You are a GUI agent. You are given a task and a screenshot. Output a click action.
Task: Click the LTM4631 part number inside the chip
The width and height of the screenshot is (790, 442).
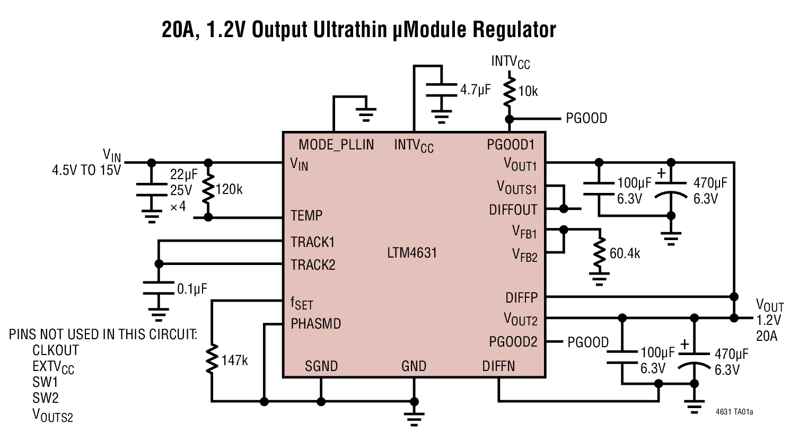[x=412, y=253]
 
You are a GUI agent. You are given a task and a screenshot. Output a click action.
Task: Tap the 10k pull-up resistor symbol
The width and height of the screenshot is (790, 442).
[x=510, y=91]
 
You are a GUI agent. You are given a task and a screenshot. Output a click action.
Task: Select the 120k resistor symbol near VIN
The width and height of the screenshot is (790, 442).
[x=208, y=189]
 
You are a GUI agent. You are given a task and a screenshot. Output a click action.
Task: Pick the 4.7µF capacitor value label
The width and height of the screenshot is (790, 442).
[x=475, y=90]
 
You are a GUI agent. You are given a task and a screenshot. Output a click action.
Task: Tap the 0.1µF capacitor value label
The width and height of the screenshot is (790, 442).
[x=192, y=289]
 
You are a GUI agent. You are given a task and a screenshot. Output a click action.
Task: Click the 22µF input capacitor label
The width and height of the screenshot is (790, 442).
[x=184, y=174]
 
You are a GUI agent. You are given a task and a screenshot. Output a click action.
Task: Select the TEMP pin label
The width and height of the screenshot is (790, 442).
[x=306, y=216]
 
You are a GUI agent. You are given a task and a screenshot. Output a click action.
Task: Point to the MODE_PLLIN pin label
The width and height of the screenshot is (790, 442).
[x=336, y=144]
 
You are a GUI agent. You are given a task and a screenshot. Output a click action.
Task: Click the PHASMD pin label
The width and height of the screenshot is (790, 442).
[x=315, y=323]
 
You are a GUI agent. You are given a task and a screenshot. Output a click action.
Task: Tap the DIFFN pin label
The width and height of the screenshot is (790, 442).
[x=498, y=366]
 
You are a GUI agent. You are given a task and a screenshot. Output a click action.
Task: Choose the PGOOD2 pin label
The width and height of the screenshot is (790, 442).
[x=513, y=342]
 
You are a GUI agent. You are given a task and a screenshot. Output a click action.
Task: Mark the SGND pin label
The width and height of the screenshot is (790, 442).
[x=321, y=366]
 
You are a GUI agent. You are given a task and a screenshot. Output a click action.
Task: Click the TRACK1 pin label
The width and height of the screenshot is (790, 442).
[x=313, y=242]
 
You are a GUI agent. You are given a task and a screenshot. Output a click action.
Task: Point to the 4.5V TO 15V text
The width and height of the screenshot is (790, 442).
[x=86, y=171]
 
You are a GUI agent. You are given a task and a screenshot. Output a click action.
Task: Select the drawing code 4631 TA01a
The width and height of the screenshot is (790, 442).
[x=734, y=411]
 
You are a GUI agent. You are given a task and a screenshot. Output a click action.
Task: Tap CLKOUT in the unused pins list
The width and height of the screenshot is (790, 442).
[x=56, y=350]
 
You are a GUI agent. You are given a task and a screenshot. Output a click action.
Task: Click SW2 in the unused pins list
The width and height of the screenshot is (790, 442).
[x=46, y=397]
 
